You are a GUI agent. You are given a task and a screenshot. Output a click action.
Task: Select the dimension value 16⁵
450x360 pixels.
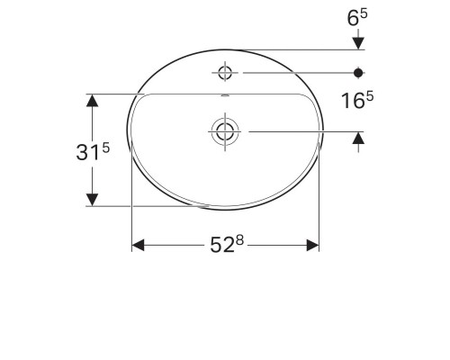(x=357, y=103)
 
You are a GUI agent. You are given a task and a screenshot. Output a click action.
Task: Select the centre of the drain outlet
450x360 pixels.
(x=222, y=131)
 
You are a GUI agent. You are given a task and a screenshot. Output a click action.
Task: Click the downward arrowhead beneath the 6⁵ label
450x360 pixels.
(x=358, y=41)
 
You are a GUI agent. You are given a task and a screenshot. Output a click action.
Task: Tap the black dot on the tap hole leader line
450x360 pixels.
(x=358, y=71)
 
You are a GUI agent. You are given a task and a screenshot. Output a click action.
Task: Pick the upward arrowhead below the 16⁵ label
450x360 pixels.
(x=358, y=139)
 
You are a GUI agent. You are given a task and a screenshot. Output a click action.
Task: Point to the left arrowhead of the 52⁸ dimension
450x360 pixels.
(x=139, y=245)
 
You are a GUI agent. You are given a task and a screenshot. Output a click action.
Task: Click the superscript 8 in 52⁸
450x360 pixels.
(x=242, y=240)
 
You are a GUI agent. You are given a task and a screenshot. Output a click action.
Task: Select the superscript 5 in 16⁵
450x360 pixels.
(x=369, y=98)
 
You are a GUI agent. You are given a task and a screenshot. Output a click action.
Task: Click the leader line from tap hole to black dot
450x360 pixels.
(x=297, y=71)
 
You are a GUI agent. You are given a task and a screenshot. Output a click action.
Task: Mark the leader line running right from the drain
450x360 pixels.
(x=297, y=131)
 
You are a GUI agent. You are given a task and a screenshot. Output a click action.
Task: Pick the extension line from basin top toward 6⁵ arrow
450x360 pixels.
(x=297, y=49)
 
